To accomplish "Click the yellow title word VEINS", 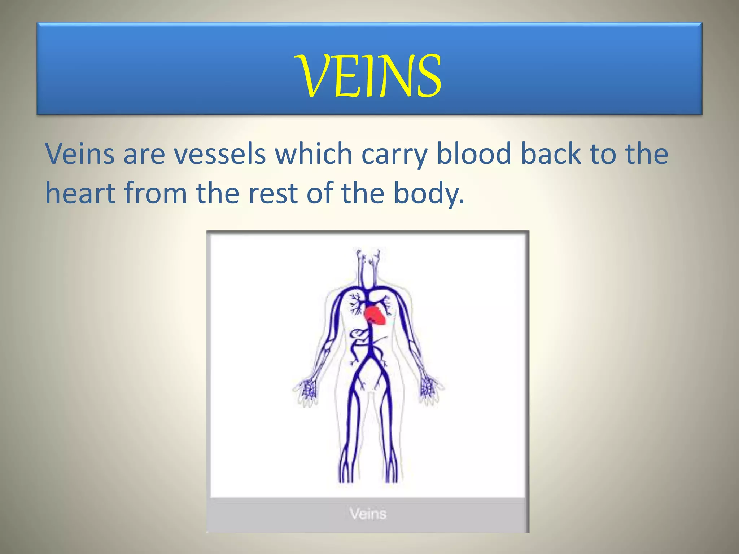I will pyautogui.click(x=369, y=75).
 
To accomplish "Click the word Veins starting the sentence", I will pyautogui.click(x=80, y=154).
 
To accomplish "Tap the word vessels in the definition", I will pyautogui.click(x=220, y=154).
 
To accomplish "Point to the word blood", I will pyautogui.click(x=474, y=154).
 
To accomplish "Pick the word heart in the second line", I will pyautogui.click(x=80, y=193).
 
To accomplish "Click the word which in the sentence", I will pyautogui.click(x=313, y=154).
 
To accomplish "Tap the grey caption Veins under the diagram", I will pyautogui.click(x=368, y=514).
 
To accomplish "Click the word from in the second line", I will pyautogui.click(x=156, y=193).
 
